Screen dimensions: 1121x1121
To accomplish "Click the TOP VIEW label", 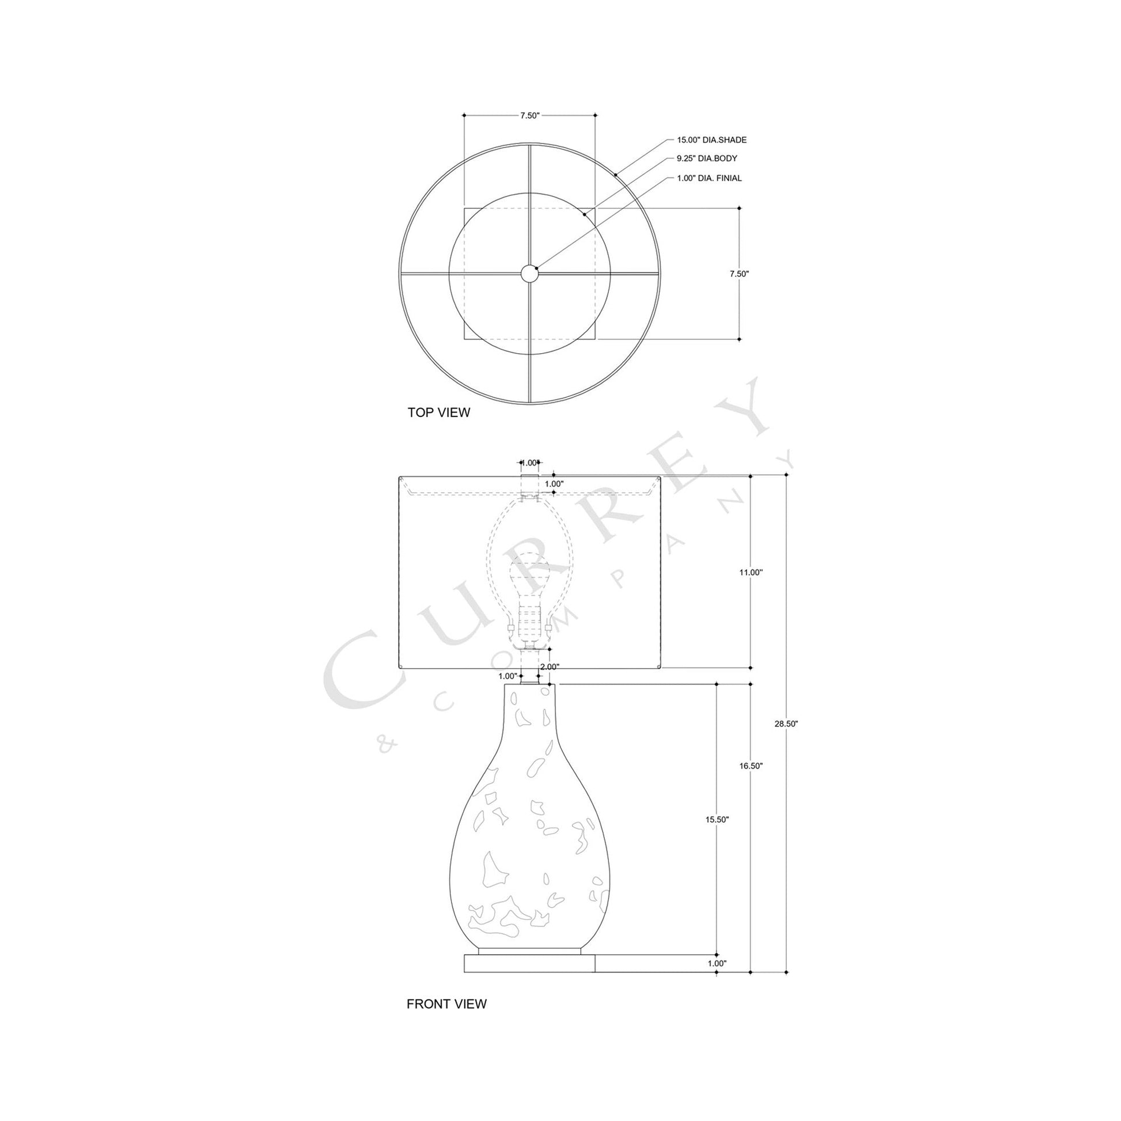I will [438, 412].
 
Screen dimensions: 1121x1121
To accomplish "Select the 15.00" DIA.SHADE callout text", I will [711, 140].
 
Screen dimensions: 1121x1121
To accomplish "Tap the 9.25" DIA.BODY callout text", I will [707, 158].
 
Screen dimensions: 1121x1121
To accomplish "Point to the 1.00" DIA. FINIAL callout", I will [709, 178].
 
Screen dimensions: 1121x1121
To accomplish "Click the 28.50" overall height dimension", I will [786, 724].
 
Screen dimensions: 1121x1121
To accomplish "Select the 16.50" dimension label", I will [751, 766].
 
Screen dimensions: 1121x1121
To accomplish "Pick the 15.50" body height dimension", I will [717, 819].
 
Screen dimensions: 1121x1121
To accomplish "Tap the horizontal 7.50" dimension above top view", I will [529, 115].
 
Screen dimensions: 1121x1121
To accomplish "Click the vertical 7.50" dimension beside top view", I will [739, 274].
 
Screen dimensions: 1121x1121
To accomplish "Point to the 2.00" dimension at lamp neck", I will [550, 666].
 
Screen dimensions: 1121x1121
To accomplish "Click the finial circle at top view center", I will [529, 273].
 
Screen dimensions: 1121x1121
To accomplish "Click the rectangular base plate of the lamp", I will [529, 964].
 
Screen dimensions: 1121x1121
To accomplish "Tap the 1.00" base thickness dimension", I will [717, 964].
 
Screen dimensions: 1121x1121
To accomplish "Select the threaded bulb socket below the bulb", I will [529, 620].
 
